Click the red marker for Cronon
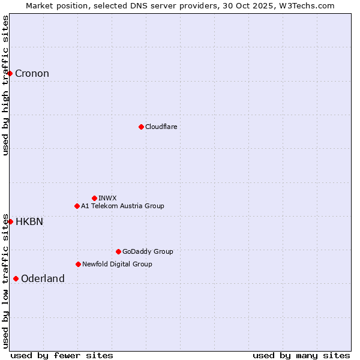[10, 73]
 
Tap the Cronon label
[32, 74]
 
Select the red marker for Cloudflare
[141, 127]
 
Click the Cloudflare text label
[161, 127]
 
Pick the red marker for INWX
[94, 198]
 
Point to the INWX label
[107, 198]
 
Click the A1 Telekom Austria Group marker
[77, 206]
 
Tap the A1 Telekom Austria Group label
[122, 206]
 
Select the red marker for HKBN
[10, 221]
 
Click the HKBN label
[29, 221]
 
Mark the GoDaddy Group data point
[118, 251]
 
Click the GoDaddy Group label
[148, 251]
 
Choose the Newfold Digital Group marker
[78, 264]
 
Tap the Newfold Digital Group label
[117, 264]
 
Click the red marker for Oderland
[16, 278]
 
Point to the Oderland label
[43, 278]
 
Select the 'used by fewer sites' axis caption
[62, 355]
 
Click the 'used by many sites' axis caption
[301, 355]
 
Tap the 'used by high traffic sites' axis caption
[5, 85]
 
